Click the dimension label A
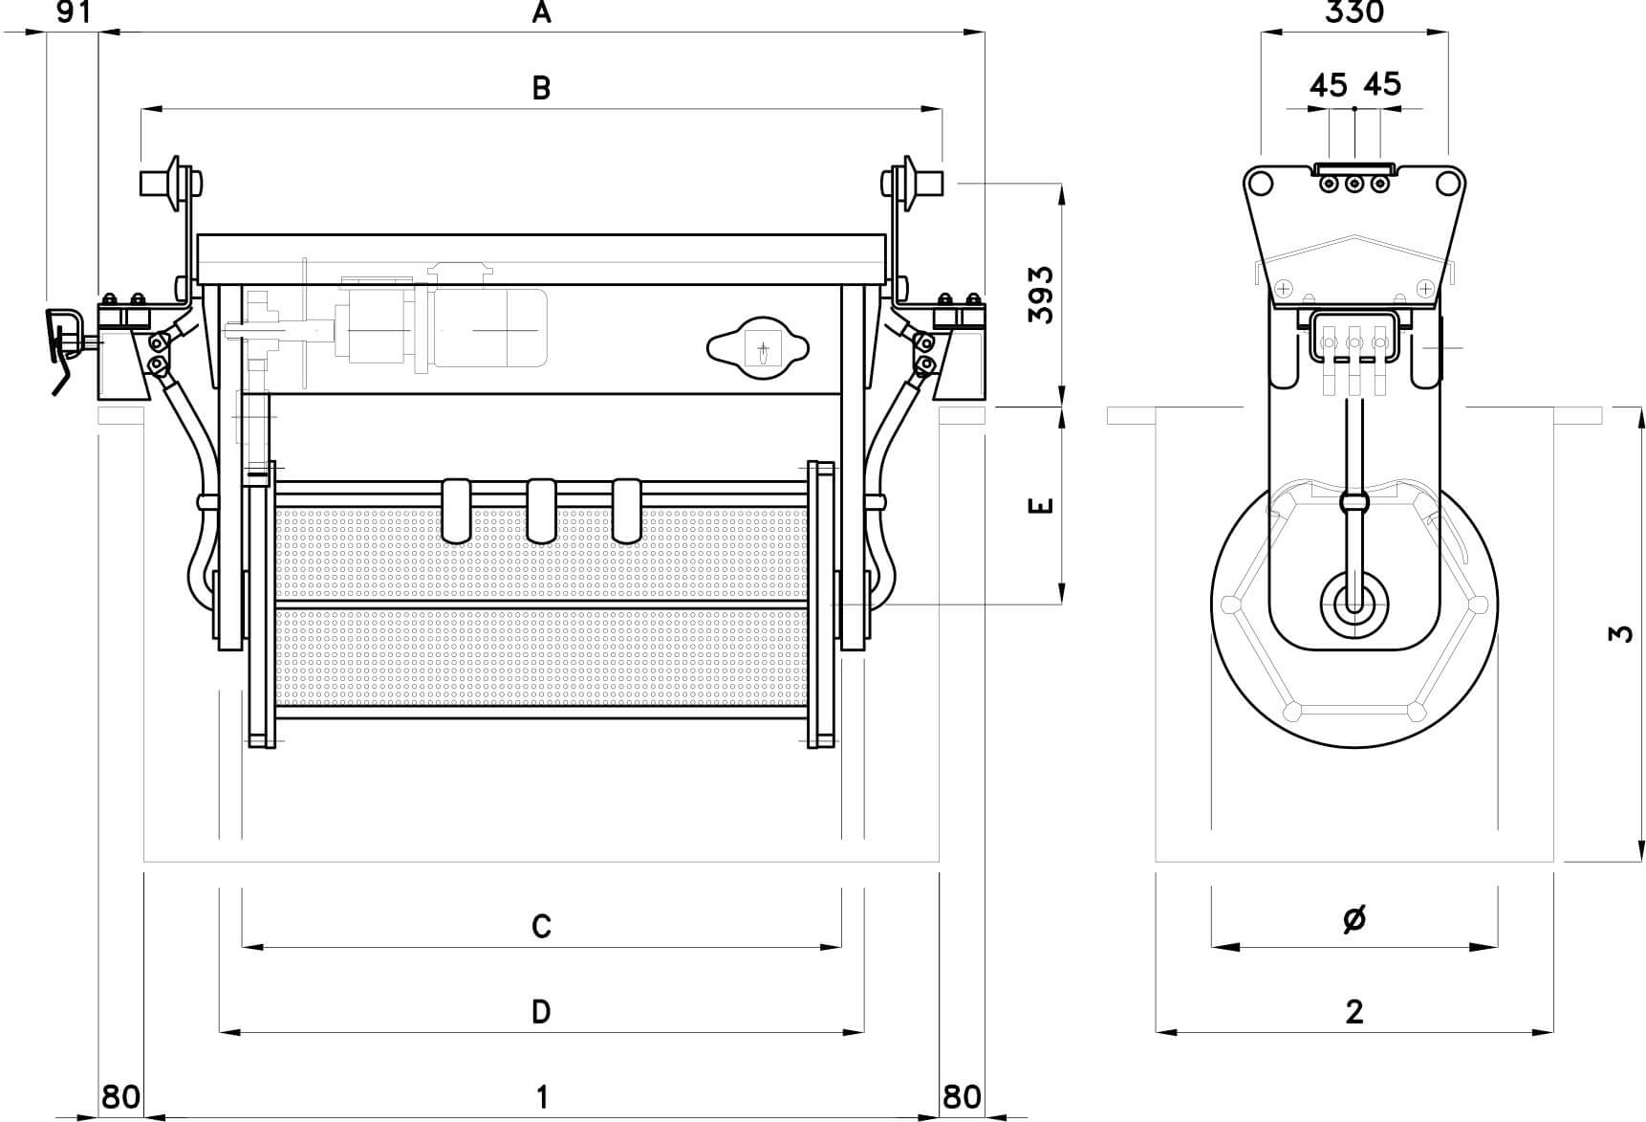(542, 12)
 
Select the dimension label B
(541, 88)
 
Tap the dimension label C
(541, 926)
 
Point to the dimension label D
(541, 1011)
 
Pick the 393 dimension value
(1043, 295)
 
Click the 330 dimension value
(1354, 12)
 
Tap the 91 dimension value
(73, 12)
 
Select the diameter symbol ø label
(1354, 919)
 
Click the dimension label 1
(542, 1096)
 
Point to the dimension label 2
(1354, 1011)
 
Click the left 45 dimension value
(1329, 85)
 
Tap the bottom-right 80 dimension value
(962, 1096)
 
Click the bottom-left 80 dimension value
(121, 1096)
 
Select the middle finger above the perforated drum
(542, 509)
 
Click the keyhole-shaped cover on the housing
(757, 348)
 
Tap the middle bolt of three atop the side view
(1354, 183)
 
